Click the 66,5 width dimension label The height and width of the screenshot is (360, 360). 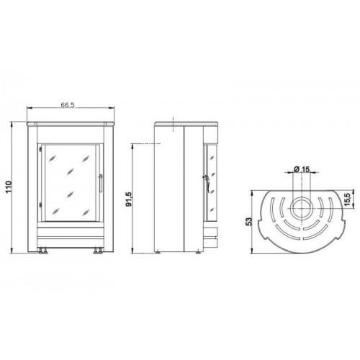tap(68, 105)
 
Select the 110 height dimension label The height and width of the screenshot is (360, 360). tap(9, 187)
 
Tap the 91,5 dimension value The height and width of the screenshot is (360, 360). tap(129, 199)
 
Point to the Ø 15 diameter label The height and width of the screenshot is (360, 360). tap(302, 169)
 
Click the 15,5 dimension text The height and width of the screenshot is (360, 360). tap(348, 199)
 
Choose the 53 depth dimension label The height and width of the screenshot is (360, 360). tap(249, 221)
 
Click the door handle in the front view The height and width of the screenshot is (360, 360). tap(101, 184)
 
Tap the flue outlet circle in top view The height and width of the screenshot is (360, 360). tap(302, 209)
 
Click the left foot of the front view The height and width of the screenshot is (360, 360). tap(42, 251)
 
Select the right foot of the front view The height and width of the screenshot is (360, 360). tap(98, 251)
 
